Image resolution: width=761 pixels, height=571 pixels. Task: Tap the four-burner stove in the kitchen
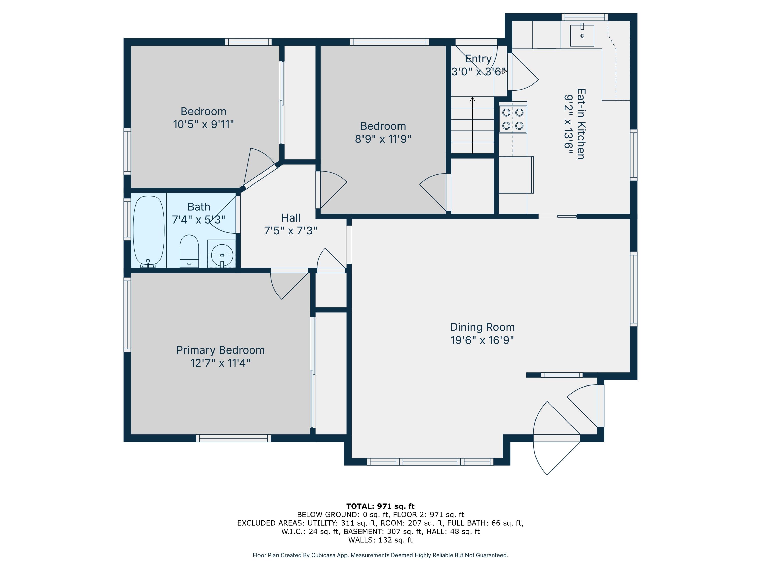pos(513,119)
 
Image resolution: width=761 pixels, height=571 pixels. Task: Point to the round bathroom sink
pos(222,255)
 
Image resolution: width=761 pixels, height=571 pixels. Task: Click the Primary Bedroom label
pos(220,350)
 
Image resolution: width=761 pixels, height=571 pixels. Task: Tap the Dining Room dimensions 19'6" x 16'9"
pos(482,340)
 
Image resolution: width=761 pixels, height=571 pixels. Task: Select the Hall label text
pos(291,217)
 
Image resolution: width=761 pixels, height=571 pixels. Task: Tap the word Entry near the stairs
pos(478,59)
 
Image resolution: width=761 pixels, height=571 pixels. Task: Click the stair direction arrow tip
pos(473,98)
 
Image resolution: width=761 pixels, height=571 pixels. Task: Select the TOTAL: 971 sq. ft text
pos(380,506)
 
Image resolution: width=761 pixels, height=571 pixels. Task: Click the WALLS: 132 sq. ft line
pos(380,540)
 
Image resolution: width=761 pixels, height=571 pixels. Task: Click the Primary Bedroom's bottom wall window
pos(233,438)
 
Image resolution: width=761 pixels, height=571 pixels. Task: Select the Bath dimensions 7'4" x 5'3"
pos(199,219)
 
